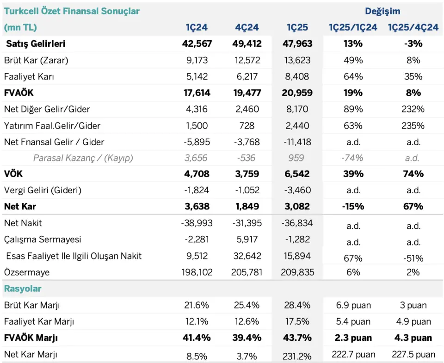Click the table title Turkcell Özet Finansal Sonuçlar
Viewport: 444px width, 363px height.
click(x=72, y=11)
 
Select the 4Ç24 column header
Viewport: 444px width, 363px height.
click(x=247, y=27)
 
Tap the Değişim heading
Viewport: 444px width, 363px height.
click(x=382, y=11)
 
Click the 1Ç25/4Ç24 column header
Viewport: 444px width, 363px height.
click(x=413, y=27)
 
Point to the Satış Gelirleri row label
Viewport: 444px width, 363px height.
click(x=36, y=43)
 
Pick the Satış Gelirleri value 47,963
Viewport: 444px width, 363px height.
click(x=297, y=43)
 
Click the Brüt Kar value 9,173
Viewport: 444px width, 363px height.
click(x=197, y=60)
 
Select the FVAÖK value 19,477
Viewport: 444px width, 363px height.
click(x=247, y=92)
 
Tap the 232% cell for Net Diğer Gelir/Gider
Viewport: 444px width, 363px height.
click(x=413, y=109)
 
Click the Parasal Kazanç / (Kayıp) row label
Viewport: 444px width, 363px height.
click(x=83, y=158)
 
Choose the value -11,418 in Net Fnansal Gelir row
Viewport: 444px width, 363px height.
click(x=297, y=142)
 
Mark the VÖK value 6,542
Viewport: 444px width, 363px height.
click(x=297, y=173)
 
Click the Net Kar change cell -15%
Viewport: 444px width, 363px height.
click(x=353, y=206)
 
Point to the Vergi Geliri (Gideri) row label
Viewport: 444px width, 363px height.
click(x=43, y=190)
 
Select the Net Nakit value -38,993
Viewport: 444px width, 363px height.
click(x=197, y=223)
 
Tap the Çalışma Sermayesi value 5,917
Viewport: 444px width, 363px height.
click(x=247, y=239)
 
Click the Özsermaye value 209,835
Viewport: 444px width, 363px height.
click(x=297, y=272)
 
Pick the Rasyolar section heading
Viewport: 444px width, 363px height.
click(x=23, y=289)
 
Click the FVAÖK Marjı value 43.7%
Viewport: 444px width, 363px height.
click(x=297, y=338)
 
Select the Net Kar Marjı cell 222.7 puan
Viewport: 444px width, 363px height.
click(x=353, y=354)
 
